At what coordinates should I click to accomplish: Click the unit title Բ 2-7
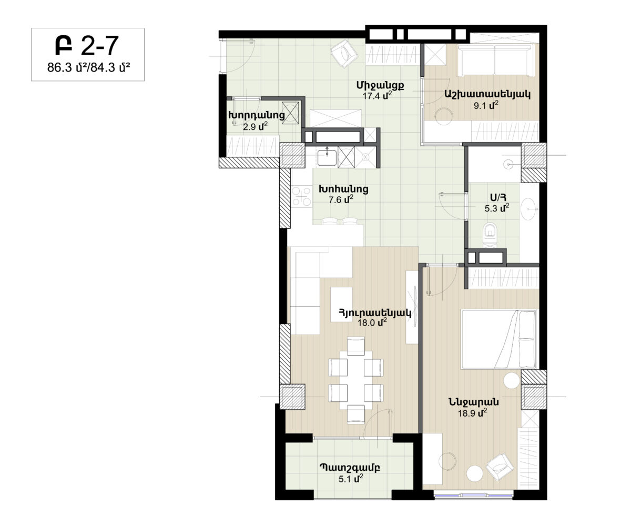pos(87,46)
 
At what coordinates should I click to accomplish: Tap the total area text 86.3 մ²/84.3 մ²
pos(88,68)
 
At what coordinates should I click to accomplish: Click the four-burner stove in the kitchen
pos(302,197)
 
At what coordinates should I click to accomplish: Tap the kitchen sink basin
pos(327,158)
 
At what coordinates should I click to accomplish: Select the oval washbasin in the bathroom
pos(528,209)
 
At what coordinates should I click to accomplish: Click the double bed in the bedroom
pos(499,339)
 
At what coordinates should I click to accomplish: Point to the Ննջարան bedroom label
pos(474,402)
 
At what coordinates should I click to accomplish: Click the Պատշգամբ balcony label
pos(350,468)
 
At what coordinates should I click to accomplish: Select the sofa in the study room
pos(494,61)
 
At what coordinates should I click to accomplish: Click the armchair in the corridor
pos(344,54)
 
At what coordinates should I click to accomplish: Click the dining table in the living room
pos(355,380)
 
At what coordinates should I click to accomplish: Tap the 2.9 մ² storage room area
pos(255,126)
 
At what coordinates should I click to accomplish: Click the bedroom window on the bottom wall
pos(473,495)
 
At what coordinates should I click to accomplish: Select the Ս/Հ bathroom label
pos(498,197)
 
